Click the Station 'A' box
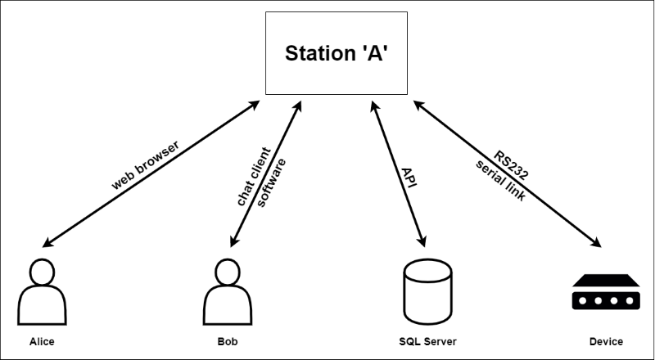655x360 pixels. pyautogui.click(x=337, y=52)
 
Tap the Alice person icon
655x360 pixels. pyautogui.click(x=41, y=293)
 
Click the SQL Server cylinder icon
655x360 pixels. pyautogui.click(x=426, y=292)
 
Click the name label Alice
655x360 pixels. pyautogui.click(x=41, y=341)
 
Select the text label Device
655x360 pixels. pyautogui.click(x=605, y=341)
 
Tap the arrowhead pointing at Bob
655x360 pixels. pyautogui.click(x=234, y=243)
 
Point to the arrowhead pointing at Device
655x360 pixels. pyautogui.click(x=598, y=243)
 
